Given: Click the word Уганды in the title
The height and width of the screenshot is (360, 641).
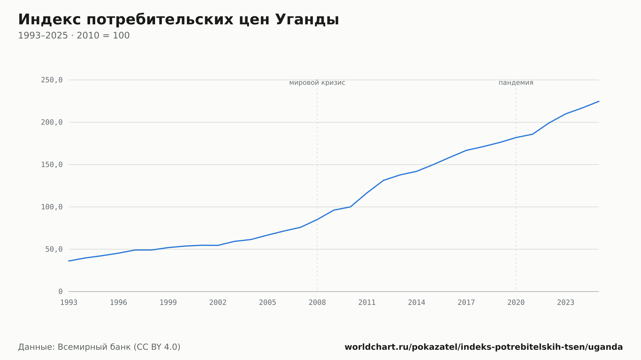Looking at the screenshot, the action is pyautogui.click(x=307, y=20).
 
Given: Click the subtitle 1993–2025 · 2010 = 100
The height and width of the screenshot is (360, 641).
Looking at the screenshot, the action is pyautogui.click(x=74, y=36).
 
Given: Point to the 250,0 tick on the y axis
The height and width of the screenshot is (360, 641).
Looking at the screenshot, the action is pyautogui.click(x=52, y=80).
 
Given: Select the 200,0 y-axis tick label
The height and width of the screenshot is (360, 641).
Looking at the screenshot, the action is pyautogui.click(x=52, y=122).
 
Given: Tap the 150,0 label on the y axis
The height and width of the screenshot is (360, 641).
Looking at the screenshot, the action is pyautogui.click(x=52, y=165).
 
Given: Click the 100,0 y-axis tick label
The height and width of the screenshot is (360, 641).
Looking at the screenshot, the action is pyautogui.click(x=52, y=207).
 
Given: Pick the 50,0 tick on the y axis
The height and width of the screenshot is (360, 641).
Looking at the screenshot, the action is pyautogui.click(x=54, y=249).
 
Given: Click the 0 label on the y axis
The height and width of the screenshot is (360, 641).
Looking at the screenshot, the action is pyautogui.click(x=61, y=291).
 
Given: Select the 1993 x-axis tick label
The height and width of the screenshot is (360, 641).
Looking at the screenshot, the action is pyautogui.click(x=69, y=303).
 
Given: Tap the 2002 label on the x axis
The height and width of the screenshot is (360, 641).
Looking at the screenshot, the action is pyautogui.click(x=218, y=303).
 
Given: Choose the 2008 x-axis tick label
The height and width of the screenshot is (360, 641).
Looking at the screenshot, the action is pyautogui.click(x=317, y=303).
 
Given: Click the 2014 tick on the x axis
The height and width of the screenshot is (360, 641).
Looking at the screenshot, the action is pyautogui.click(x=417, y=303).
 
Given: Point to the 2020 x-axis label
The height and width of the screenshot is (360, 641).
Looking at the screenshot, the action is pyautogui.click(x=516, y=303).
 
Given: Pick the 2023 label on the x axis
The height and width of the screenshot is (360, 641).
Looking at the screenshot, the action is pyautogui.click(x=566, y=303).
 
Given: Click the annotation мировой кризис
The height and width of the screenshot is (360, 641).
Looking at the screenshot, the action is pyautogui.click(x=317, y=83).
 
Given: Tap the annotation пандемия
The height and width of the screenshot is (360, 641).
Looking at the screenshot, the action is pyautogui.click(x=516, y=83).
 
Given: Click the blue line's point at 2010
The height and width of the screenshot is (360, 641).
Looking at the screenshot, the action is pyautogui.click(x=350, y=207).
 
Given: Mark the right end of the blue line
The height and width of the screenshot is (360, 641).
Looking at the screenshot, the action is pyautogui.click(x=599, y=101).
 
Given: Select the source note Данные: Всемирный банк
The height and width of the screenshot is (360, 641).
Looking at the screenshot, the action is pyautogui.click(x=99, y=347).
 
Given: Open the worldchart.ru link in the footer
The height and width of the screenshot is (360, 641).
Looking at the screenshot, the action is pyautogui.click(x=484, y=347).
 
